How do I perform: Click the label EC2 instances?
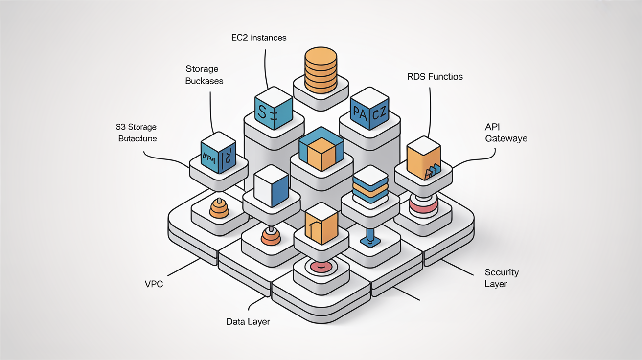coord(259,37)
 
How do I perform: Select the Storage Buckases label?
coord(204,75)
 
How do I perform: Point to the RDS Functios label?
coord(435,77)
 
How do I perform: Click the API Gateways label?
coord(506,132)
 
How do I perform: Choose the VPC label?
coord(154,283)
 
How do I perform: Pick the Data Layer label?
coord(248,321)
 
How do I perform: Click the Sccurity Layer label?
coord(501,278)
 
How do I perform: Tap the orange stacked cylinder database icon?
coord(321,70)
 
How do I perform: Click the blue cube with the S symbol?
coord(274,109)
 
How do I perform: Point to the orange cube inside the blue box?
coord(320,153)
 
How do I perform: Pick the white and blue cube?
coord(271,186)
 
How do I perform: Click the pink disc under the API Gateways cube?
coord(422,206)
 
